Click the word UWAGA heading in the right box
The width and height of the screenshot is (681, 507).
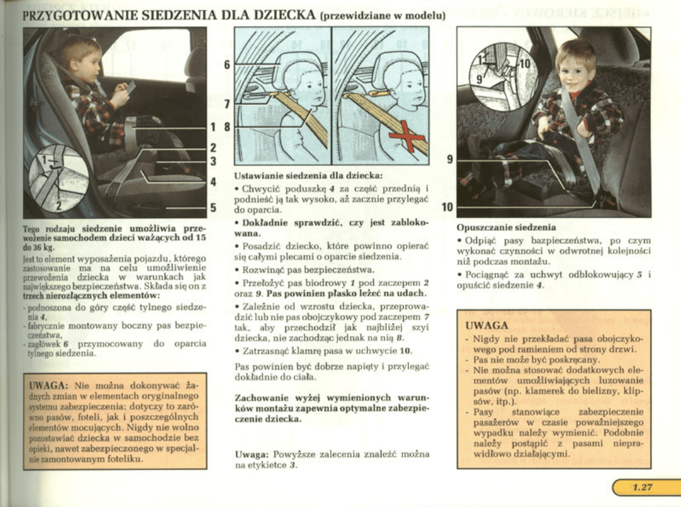point(486,326)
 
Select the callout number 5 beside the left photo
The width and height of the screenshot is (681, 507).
point(213,208)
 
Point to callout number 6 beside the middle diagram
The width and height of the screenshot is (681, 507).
point(227,65)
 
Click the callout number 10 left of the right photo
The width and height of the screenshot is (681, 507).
point(448,208)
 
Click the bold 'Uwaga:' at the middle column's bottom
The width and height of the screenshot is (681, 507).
point(252,454)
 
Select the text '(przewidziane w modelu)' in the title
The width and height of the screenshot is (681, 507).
point(381,16)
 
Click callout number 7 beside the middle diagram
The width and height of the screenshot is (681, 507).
point(227,104)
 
